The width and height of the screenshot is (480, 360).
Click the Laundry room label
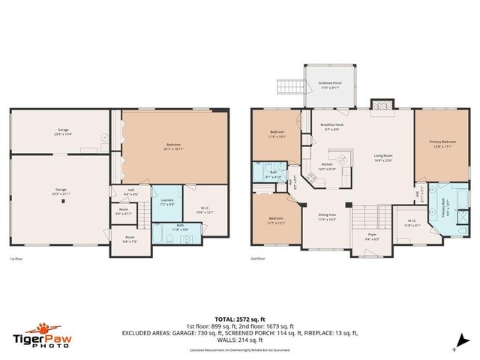[x=166, y=200]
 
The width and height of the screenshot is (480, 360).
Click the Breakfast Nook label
[x=332, y=124]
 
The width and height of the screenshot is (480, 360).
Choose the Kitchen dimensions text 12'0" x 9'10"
[x=327, y=169]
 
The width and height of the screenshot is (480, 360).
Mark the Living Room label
[x=384, y=156]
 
